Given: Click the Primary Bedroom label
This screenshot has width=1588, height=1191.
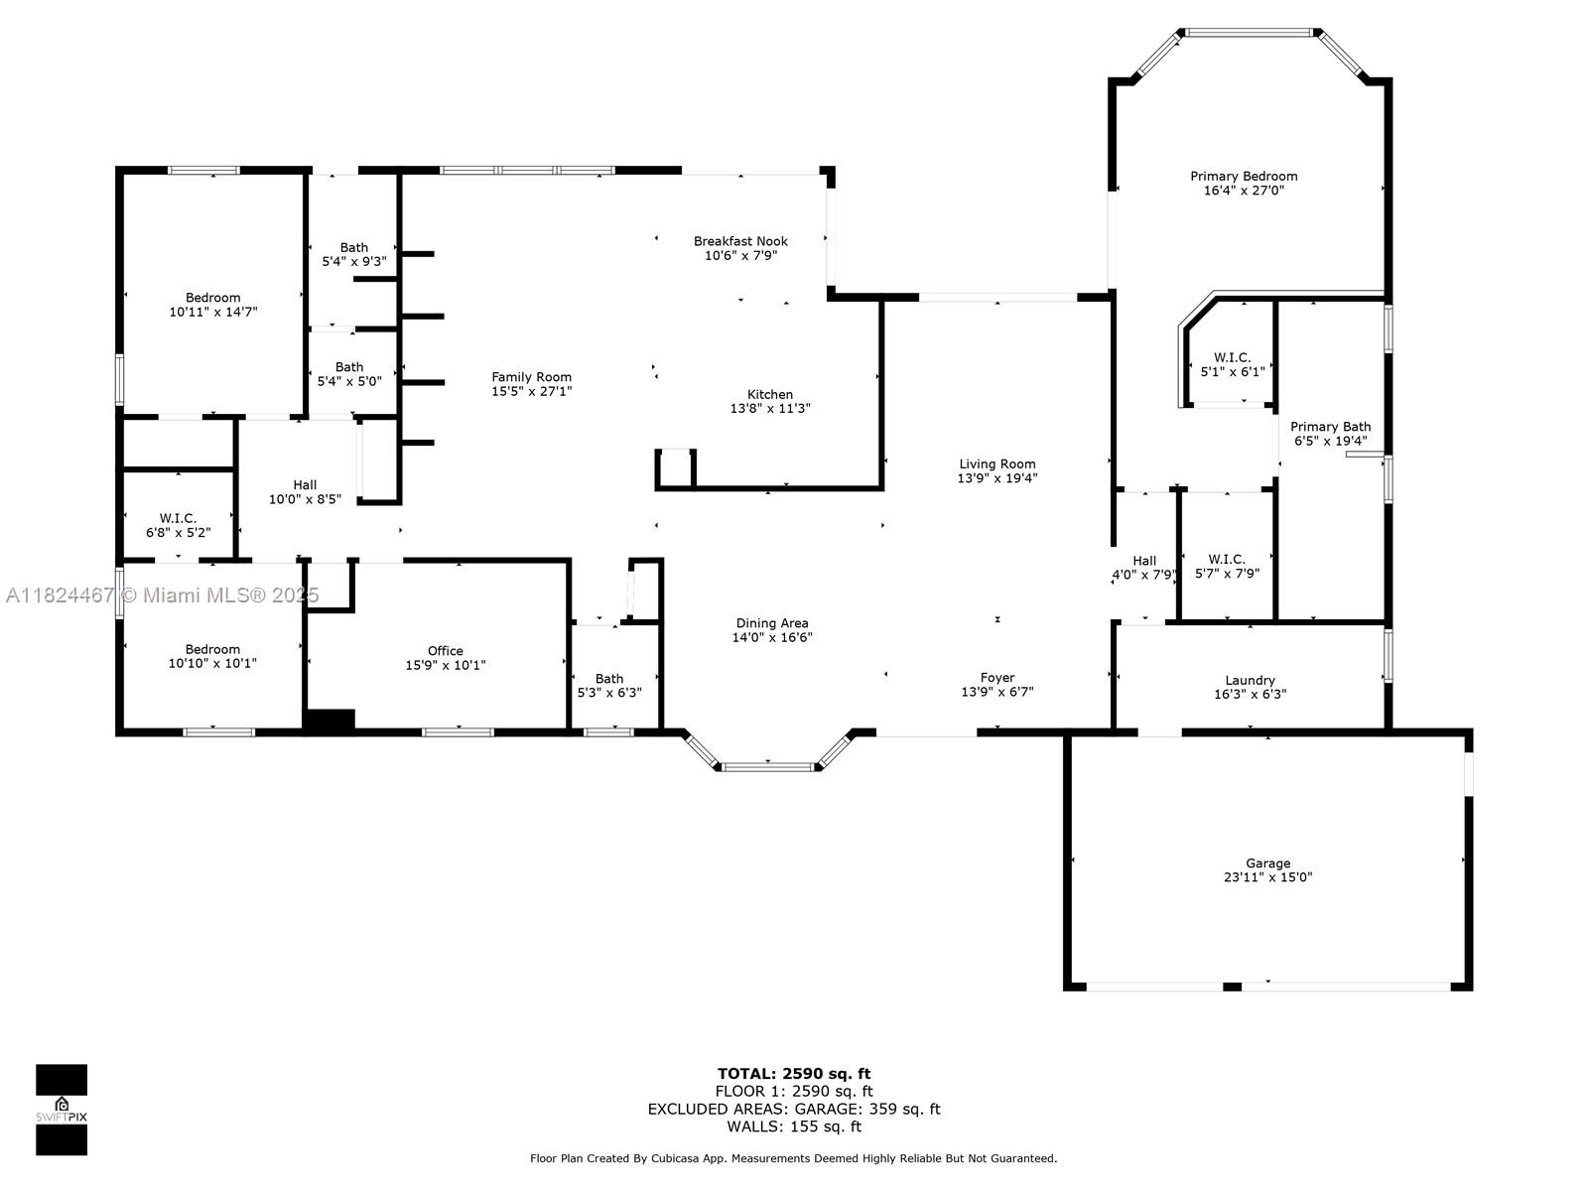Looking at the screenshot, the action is tap(1244, 176).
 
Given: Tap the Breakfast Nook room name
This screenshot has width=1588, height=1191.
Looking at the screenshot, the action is tap(740, 241).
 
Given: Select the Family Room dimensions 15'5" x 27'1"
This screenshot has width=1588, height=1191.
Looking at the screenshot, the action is tap(532, 391).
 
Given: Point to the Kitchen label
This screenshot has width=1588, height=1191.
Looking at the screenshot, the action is tap(770, 394).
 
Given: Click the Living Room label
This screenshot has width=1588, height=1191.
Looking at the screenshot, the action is tap(996, 463).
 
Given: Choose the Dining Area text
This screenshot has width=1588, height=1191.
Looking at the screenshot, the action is tap(772, 622).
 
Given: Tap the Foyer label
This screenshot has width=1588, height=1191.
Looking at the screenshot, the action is tap(996, 678).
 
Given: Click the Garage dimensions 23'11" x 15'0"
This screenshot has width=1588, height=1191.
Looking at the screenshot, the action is tap(1267, 877).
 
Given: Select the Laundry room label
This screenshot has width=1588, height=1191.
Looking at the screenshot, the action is tap(1250, 680).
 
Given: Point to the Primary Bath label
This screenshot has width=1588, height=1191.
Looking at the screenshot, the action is tap(1331, 427).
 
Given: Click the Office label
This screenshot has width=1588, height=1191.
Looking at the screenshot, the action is tap(445, 650).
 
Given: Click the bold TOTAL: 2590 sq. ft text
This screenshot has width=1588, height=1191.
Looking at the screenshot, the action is tap(794, 1073).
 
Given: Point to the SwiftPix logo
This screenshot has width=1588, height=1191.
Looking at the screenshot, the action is tap(62, 1110).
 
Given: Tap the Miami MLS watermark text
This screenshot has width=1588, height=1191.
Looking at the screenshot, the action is tap(162, 595).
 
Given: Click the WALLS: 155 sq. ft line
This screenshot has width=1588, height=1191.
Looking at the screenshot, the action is tap(794, 1125).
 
